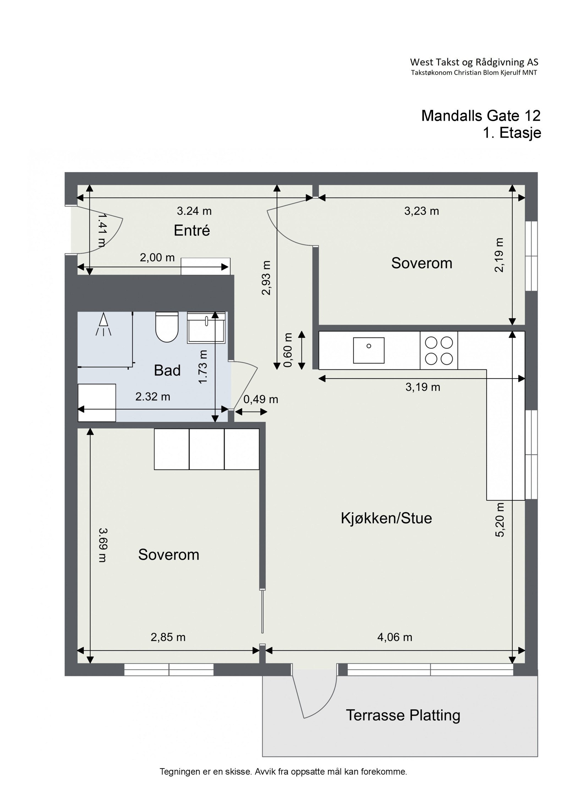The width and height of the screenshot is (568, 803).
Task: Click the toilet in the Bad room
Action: pos(166,326)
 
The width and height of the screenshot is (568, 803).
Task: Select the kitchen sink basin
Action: pos(368,350)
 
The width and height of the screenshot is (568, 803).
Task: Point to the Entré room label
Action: pos(192,231)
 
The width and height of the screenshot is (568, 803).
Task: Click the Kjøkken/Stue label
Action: pos(386,518)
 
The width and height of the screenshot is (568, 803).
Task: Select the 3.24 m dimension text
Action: pos(194,211)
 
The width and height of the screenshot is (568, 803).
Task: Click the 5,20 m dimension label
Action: pos(500,519)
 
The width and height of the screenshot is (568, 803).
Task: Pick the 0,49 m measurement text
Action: pos(261,400)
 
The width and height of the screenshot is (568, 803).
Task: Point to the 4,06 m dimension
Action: pos(395,637)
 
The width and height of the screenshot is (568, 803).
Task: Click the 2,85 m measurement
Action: pos(168,637)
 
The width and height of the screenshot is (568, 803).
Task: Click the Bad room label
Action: pos(167,370)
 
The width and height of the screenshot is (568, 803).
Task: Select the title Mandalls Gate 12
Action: pos(481,116)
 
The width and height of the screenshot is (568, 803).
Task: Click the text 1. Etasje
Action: pos(512,133)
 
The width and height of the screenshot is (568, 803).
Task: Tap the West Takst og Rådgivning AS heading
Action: pos(474,62)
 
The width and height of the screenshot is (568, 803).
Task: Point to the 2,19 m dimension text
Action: pos(499,255)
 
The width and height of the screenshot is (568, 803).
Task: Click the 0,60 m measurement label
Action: pos(288,350)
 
